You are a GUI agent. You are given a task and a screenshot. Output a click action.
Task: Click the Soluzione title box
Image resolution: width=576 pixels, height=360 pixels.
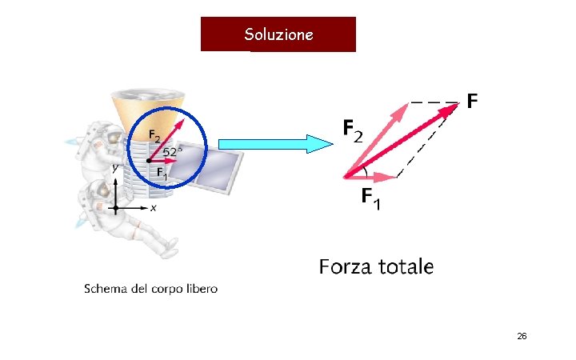pos(278,34)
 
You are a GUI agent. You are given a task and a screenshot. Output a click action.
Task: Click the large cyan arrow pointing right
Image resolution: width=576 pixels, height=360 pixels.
pos(276,143)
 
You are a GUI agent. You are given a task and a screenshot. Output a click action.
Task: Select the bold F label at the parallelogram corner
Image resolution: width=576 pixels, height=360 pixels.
pos(472,102)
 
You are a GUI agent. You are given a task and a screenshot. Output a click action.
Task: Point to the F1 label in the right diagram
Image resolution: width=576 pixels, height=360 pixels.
pos(370,198)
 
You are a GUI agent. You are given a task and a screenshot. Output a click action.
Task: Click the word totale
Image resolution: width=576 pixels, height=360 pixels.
pos(406,266)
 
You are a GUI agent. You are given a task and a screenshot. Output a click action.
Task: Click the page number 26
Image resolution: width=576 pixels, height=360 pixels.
pos(521,337)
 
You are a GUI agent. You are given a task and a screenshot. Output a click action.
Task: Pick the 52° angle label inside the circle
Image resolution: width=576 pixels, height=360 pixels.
pos(173,151)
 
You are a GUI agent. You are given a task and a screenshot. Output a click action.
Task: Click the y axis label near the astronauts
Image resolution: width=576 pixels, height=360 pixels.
pos(115,168)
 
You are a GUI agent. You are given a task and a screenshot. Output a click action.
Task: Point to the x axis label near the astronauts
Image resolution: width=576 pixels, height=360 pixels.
pos(153,208)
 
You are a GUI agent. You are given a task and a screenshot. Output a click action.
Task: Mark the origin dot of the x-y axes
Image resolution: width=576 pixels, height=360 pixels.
pos(117,208)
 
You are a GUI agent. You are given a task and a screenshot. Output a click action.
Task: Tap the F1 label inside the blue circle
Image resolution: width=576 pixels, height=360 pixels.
pos(161,172)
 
